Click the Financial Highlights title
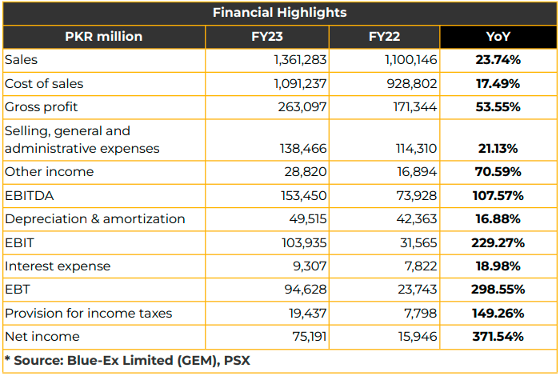click(x=280, y=13)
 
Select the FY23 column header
click(x=266, y=37)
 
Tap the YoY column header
click(x=498, y=37)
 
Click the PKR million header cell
click(x=103, y=37)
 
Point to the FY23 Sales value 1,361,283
click(x=300, y=60)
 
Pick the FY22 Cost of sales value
click(x=411, y=83)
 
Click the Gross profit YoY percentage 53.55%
click(x=498, y=106)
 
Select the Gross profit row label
click(x=41, y=107)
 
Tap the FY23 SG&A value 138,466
click(x=303, y=148)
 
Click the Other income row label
click(x=50, y=172)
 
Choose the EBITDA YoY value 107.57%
click(x=498, y=196)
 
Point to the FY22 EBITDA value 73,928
click(x=417, y=196)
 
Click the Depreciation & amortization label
click(x=95, y=219)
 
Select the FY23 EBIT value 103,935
click(x=304, y=243)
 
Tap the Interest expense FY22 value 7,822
click(x=420, y=266)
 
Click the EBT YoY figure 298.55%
click(x=498, y=290)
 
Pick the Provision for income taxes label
click(x=89, y=313)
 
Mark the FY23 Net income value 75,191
click(x=310, y=336)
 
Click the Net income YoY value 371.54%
click(x=498, y=336)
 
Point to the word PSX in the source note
click(x=237, y=360)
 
